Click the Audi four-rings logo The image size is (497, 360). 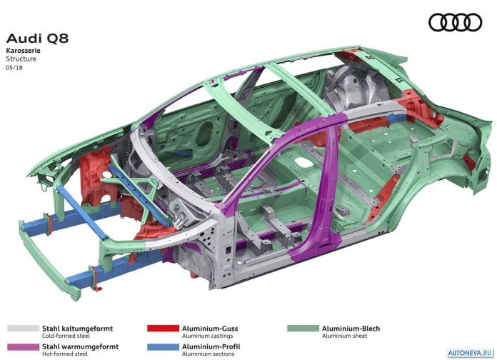(455, 22)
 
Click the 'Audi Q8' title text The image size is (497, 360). (37, 39)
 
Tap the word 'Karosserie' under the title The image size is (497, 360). (23, 51)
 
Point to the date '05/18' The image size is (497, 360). (14, 68)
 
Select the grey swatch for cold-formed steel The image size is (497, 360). (23, 329)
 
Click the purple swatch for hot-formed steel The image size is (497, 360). (23, 346)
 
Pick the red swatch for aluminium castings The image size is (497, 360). (163, 329)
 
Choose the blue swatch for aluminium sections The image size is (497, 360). (163, 346)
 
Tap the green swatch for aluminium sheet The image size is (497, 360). (303, 329)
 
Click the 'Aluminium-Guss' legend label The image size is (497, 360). (210, 329)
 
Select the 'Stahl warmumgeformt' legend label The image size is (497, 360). (81, 346)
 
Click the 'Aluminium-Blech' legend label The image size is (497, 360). (351, 329)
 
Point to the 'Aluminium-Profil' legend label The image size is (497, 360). (211, 346)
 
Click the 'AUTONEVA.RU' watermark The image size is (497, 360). (471, 353)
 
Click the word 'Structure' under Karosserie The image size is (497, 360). (21, 59)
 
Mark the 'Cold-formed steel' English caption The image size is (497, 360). (66, 336)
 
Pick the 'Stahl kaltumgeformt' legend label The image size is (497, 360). (77, 329)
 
